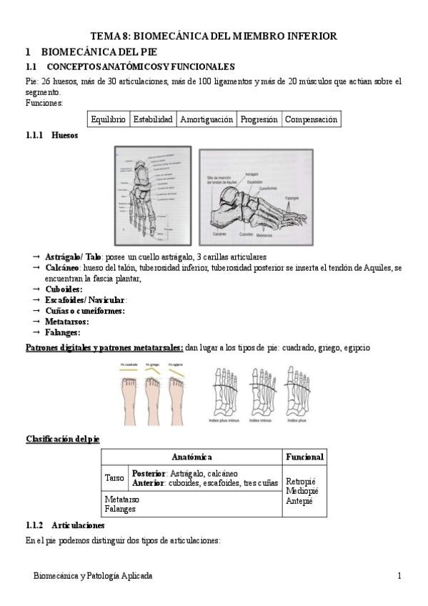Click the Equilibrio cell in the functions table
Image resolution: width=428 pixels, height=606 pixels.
point(109,119)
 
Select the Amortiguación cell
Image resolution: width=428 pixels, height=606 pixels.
point(206,119)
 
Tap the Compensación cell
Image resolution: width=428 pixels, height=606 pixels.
point(311,119)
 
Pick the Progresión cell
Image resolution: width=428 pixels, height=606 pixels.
point(259,119)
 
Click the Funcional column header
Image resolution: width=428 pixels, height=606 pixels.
point(304,456)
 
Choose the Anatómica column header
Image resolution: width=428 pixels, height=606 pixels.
point(191,456)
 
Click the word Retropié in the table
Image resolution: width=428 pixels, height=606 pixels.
point(301,481)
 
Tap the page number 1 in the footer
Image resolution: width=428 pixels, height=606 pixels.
point(399,575)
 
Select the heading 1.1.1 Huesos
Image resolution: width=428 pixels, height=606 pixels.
point(51,135)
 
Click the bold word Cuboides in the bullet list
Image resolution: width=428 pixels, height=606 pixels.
point(64,289)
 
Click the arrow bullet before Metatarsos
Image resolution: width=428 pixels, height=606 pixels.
point(36,322)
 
